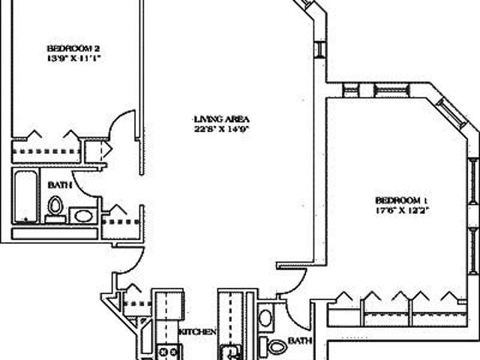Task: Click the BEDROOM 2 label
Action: tap(72, 47)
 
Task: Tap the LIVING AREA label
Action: tap(220, 119)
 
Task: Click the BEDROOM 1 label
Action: tap(401, 200)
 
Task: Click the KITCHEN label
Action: tap(198, 331)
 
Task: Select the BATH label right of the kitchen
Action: tap(299, 340)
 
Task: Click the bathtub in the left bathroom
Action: tap(25, 196)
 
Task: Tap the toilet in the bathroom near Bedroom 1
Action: tap(277, 346)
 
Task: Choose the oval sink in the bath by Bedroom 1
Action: tap(266, 317)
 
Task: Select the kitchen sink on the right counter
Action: tap(228, 350)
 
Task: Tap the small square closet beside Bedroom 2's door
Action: tap(96, 151)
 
